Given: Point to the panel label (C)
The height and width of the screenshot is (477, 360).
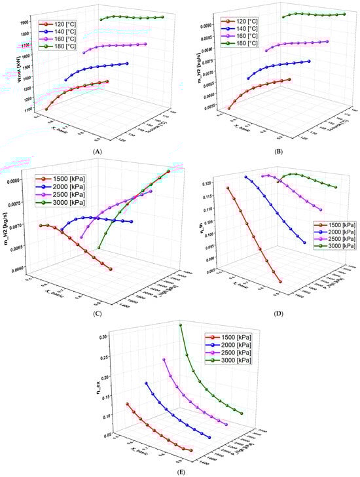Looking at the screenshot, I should pyautogui.click(x=98, y=311).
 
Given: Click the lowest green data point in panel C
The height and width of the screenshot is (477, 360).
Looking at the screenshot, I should pyautogui.click(x=99, y=247).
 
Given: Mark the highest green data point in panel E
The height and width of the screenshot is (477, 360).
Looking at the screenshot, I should pyautogui.click(x=181, y=325).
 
